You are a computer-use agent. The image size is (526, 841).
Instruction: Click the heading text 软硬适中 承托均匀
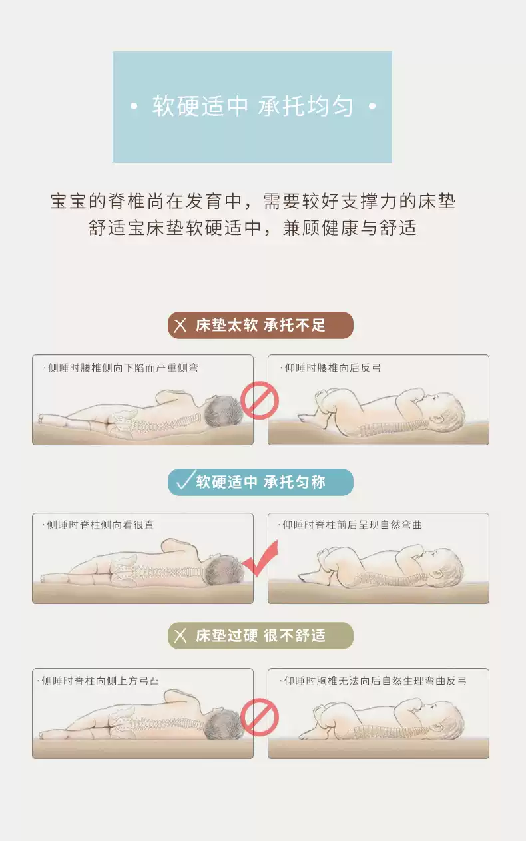[252, 106]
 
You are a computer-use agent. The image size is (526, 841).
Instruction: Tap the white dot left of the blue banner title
[134, 107]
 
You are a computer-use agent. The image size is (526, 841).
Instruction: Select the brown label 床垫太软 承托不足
[260, 325]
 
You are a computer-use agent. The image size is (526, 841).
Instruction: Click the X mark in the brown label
[180, 325]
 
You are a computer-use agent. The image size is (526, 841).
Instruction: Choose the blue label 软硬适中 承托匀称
[260, 482]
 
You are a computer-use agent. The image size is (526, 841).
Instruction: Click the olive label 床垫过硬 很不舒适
[260, 636]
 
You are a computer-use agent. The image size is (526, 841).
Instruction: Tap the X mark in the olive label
[180, 636]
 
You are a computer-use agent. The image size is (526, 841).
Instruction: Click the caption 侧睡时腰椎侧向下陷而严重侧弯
[121, 368]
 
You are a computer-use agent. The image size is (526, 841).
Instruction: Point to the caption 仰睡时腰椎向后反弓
[330, 368]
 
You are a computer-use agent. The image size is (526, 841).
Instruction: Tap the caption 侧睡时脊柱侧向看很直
[99, 525]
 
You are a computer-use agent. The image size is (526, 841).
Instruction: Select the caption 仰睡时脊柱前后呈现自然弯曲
[350, 525]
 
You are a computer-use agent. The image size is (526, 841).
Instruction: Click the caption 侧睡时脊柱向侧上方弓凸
[99, 681]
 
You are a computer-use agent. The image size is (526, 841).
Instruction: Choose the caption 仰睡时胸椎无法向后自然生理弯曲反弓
[373, 681]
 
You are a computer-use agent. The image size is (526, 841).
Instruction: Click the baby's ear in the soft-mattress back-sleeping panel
[437, 418]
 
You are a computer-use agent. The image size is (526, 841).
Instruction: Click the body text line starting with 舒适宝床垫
[252, 228]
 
